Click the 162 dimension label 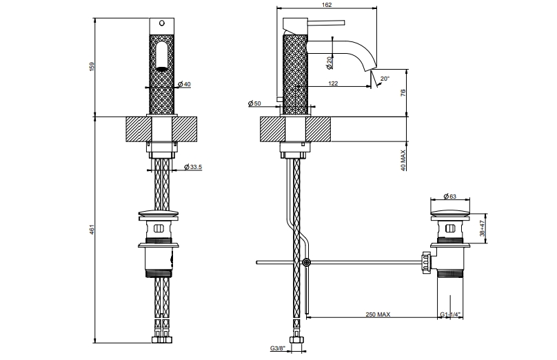click(327, 5)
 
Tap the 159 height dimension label click(92, 67)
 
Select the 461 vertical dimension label click(92, 229)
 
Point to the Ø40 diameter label click(184, 84)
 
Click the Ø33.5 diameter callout click(193, 167)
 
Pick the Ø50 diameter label click(254, 103)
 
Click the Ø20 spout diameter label click(329, 62)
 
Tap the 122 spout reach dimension click(333, 83)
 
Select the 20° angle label click(385, 79)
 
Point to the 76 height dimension click(403, 92)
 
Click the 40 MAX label click(403, 160)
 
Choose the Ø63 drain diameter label click(449, 196)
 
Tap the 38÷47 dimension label click(482, 228)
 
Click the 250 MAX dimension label click(378, 314)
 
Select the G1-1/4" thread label click(450, 314)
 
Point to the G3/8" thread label click(277, 348)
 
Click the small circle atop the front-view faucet click(162, 23)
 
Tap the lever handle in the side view click(326, 23)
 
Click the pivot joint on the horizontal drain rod click(307, 263)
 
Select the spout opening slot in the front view click(162, 57)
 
